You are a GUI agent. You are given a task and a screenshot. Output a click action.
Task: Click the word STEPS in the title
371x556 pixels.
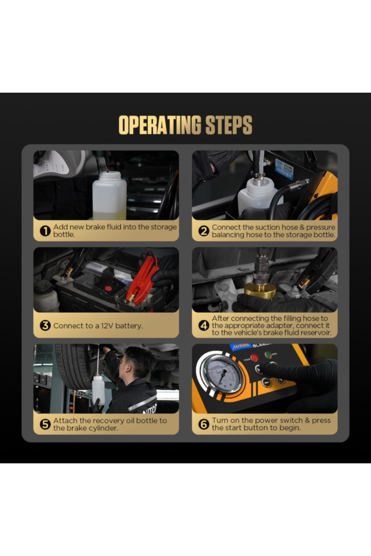coord(229,125)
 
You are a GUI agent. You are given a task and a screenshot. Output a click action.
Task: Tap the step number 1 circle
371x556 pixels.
coord(45,231)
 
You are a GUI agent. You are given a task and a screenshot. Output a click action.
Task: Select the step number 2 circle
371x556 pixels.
coord(204,231)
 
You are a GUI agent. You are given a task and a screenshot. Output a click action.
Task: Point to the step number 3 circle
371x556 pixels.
coord(45,325)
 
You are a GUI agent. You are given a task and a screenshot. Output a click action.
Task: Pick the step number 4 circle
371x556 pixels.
coord(204,325)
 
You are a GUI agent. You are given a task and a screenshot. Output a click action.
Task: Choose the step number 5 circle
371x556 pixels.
coord(45,424)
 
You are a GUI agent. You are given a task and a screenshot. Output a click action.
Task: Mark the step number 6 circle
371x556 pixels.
coord(204,424)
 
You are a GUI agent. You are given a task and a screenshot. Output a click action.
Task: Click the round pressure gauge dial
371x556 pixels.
coord(222,374)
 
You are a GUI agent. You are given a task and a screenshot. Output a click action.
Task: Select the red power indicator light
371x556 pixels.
coord(254,358)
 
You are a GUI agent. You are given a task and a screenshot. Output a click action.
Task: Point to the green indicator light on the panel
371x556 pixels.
coord(268,355)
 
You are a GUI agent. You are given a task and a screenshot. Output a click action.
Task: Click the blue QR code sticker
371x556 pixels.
coord(284,169)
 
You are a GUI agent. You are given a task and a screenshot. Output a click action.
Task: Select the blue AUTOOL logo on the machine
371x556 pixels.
coord(241,347)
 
